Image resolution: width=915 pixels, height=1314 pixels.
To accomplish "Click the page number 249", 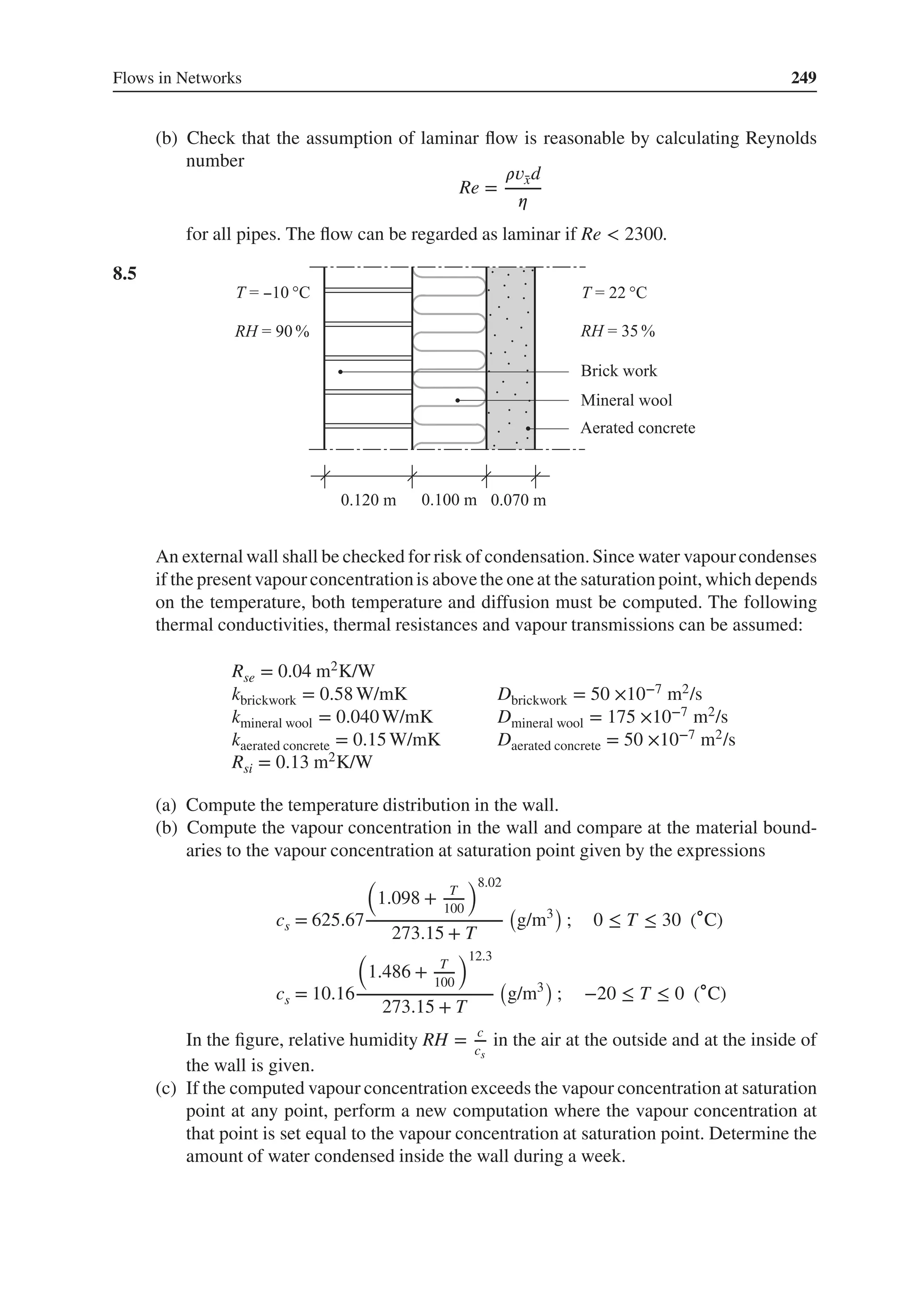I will tap(803, 77).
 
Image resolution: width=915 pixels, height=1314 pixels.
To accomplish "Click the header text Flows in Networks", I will tap(177, 78).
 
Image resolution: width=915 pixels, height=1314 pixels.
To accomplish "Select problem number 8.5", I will tap(125, 274).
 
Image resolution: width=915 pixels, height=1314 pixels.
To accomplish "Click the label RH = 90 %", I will tap(272, 331).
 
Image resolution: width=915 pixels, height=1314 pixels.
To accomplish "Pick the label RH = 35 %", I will tap(617, 331).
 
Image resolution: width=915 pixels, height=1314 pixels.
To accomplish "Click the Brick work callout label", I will tap(619, 371).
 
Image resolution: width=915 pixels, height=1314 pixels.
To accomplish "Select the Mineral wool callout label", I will tap(626, 400).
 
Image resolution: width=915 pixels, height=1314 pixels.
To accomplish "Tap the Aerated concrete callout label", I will tap(638, 428).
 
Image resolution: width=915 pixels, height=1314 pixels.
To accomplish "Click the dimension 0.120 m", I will tap(368, 500).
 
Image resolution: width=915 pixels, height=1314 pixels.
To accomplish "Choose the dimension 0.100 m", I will tap(449, 500).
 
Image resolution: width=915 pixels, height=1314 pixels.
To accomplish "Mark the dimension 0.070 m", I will tap(518, 500).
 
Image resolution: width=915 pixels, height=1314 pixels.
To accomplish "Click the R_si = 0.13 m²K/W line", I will tap(302, 762).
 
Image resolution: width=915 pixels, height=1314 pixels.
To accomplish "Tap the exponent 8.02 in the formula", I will tap(489, 883).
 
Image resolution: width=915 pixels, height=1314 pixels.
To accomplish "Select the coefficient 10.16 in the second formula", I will tap(334, 994).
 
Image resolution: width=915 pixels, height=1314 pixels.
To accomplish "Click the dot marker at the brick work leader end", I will tap(340, 372).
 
